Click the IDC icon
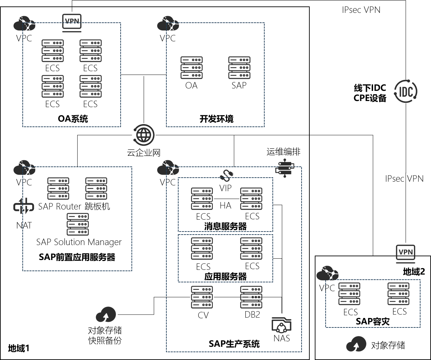(406, 91)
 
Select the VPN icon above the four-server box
(72, 23)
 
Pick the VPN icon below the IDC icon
(406, 253)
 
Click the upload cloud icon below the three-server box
(106, 315)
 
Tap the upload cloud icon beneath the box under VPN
(356, 344)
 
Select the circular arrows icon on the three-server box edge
(24, 206)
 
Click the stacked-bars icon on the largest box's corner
(285, 168)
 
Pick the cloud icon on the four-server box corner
(24, 23)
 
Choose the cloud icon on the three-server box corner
(24, 167)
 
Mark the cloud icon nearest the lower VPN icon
(327, 273)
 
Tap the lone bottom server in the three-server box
(78, 224)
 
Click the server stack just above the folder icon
(251, 297)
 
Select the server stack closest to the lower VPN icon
(398, 294)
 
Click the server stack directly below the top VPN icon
(90, 51)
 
